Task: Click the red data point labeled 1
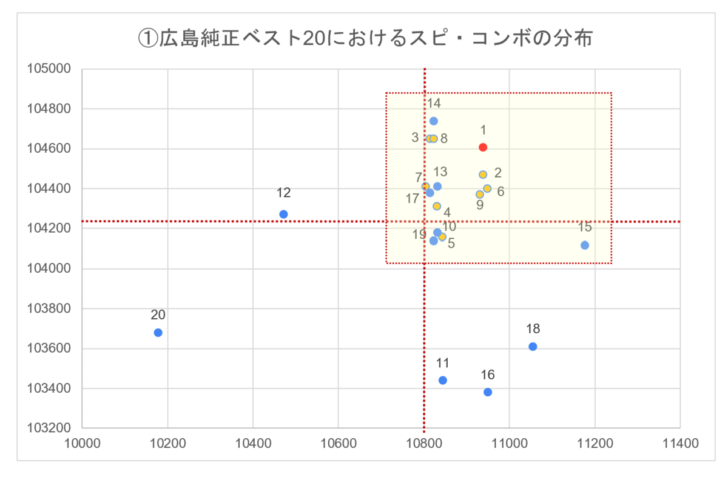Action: pyautogui.click(x=483, y=147)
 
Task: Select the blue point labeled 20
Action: pyautogui.click(x=158, y=333)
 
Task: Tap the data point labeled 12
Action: pyautogui.click(x=283, y=215)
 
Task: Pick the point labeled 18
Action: pyautogui.click(x=533, y=347)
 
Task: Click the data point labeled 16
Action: pyautogui.click(x=488, y=392)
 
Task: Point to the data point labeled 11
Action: pyautogui.click(x=443, y=380)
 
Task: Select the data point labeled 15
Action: pyautogui.click(x=585, y=245)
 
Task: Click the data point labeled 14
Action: pyautogui.click(x=434, y=121)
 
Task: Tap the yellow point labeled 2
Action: pyautogui.click(x=483, y=175)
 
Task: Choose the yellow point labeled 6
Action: pyautogui.click(x=487, y=188)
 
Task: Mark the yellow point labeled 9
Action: pyautogui.click(x=480, y=195)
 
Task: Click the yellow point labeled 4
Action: pyautogui.click(x=437, y=206)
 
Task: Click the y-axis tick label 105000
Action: pyautogui.click(x=49, y=68)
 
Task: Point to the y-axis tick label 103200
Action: pyautogui.click(x=49, y=428)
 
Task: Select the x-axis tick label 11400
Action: pyautogui.click(x=680, y=443)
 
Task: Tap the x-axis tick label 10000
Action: pyautogui.click(x=83, y=443)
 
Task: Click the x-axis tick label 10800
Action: pyautogui.click(x=424, y=443)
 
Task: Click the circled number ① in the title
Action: pyautogui.click(x=148, y=38)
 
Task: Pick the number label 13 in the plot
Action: pyautogui.click(x=440, y=172)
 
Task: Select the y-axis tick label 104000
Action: pyautogui.click(x=49, y=268)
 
